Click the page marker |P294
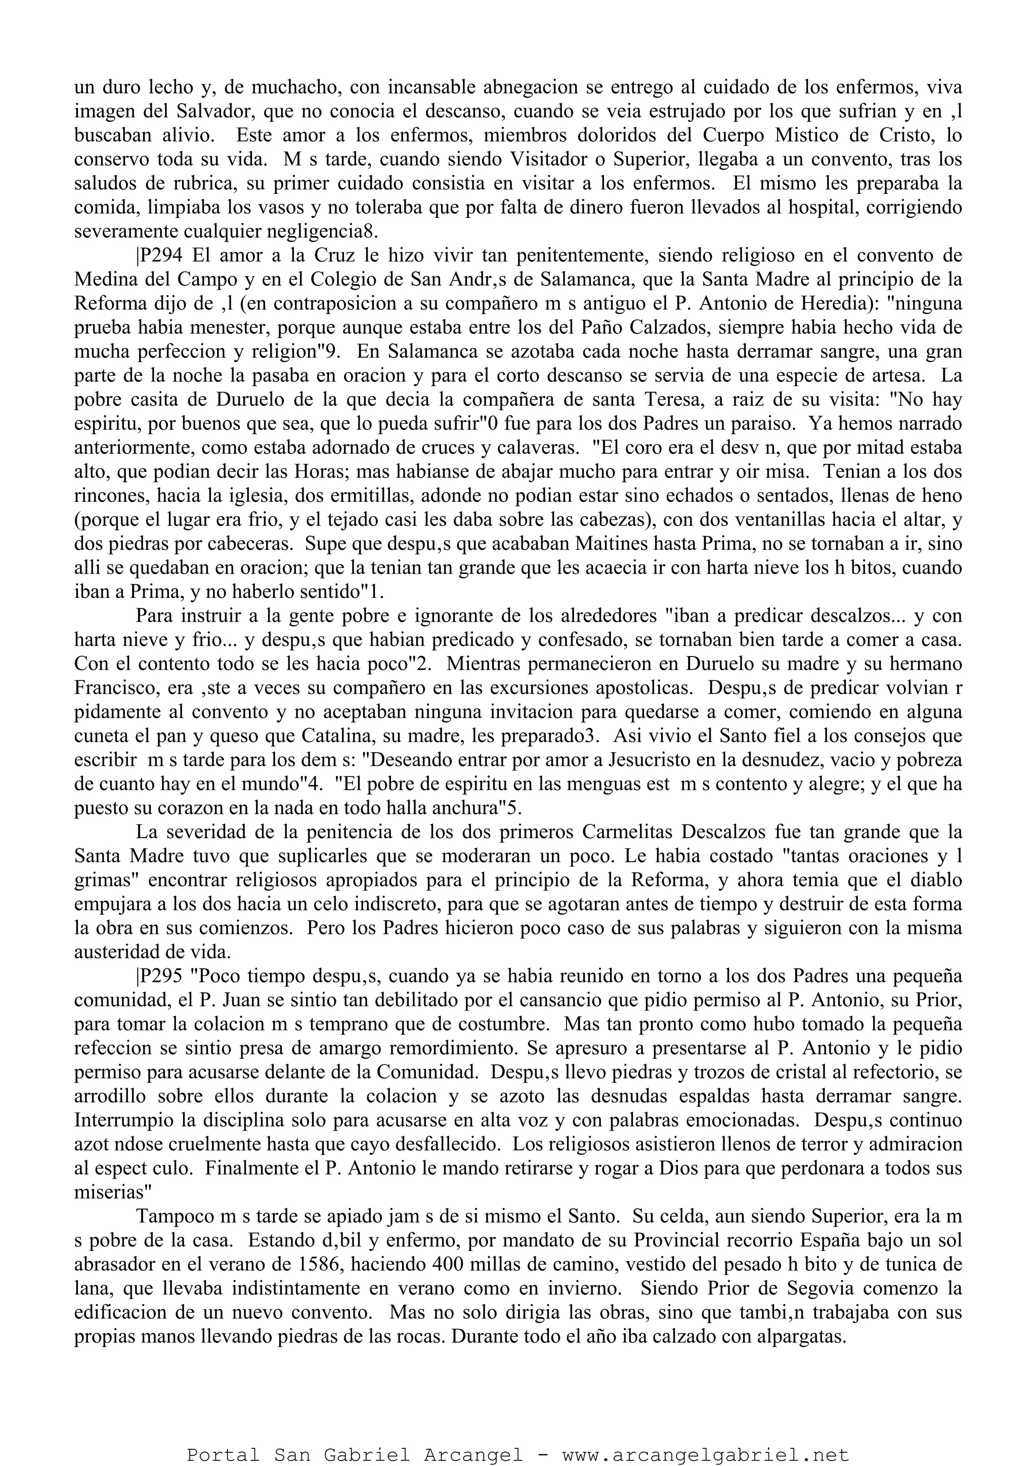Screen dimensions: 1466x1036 coord(159,255)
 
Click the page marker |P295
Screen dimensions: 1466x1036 coord(159,976)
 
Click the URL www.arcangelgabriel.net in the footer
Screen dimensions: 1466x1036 coord(705,1451)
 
